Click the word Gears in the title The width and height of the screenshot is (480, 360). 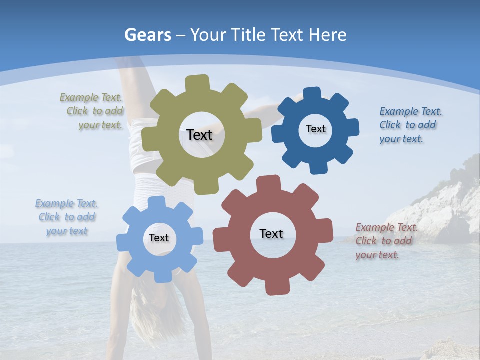tap(147, 35)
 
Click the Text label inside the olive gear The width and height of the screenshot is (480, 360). tap(199, 135)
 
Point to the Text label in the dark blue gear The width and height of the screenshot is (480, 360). tap(315, 129)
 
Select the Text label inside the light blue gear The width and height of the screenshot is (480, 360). tap(159, 238)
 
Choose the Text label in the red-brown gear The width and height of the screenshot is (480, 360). tap(271, 233)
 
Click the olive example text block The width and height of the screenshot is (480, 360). tap(92, 111)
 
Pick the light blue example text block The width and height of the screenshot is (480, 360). tap(66, 217)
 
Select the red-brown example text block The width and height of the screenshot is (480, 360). tap(385, 241)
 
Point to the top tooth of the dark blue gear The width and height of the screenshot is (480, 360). tap(312, 93)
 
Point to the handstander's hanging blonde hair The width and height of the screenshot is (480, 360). tap(150, 315)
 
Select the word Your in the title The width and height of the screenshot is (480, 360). tap(207, 35)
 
